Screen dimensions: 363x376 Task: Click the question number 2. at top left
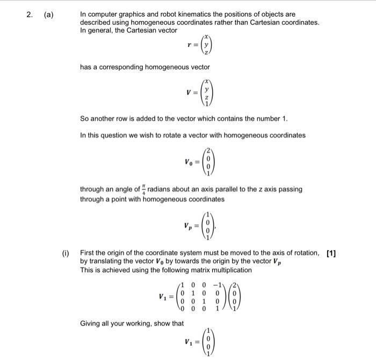[30, 15]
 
